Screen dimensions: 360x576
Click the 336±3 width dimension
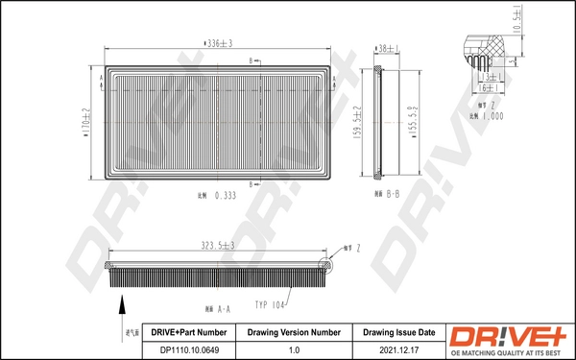[x=219, y=43]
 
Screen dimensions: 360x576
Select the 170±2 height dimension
[x=84, y=123]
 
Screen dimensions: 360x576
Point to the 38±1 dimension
[x=387, y=48]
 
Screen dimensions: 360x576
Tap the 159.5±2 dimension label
[x=355, y=123]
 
